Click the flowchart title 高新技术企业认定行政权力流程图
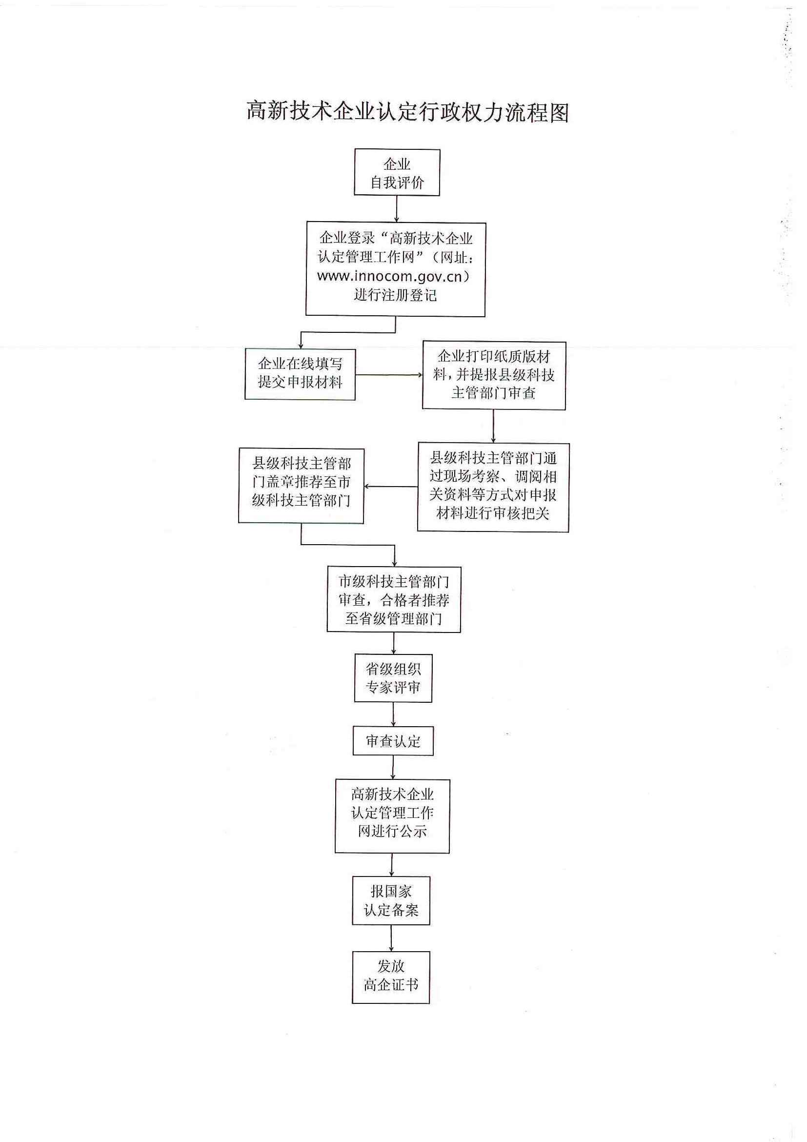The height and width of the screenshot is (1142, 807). (407, 112)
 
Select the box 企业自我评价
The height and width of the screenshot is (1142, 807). (397, 172)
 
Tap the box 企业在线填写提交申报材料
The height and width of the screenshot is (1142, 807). (300, 373)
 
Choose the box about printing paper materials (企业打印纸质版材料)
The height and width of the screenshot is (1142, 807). (494, 375)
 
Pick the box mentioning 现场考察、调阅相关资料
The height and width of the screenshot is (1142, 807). (493, 487)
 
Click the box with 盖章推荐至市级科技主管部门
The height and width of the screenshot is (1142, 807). (301, 486)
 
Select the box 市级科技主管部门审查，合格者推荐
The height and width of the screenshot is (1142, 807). (393, 599)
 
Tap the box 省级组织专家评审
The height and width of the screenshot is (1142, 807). (393, 678)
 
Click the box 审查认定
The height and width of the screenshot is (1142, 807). (393, 741)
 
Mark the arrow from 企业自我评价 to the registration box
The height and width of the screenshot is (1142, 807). (397, 209)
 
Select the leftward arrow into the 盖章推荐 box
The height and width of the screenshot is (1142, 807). (391, 487)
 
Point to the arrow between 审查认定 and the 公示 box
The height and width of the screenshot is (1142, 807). (393, 768)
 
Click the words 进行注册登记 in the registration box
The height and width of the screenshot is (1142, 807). (395, 295)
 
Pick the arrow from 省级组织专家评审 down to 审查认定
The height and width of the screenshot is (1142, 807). (393, 715)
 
